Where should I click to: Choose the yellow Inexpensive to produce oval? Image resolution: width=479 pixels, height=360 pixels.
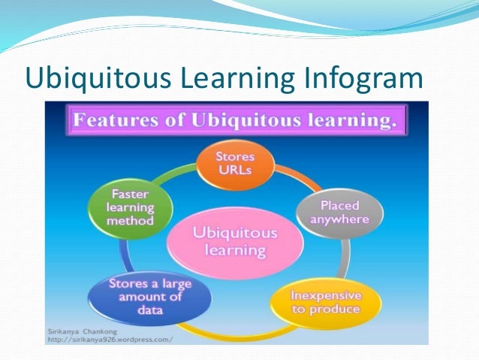[326, 301]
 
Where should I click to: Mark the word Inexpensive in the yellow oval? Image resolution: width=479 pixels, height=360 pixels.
[326, 293]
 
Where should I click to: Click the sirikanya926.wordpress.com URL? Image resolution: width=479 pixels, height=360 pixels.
[108, 339]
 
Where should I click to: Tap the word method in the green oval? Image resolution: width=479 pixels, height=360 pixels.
[130, 221]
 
